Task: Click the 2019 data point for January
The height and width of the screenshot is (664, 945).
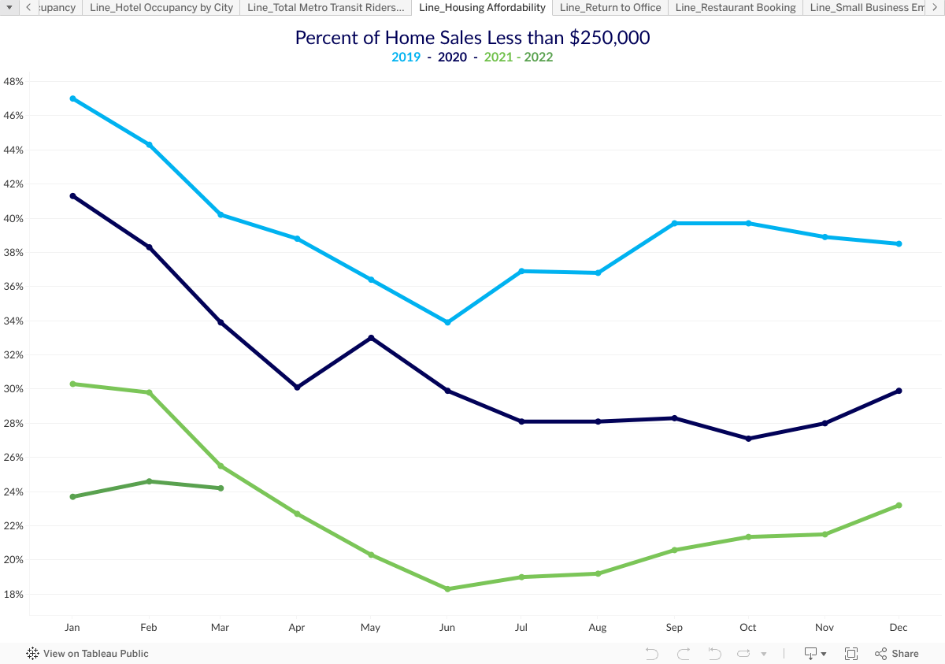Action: (x=72, y=98)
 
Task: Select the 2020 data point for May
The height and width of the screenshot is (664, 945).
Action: (x=371, y=338)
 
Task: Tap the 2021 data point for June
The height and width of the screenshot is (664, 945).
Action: (x=447, y=588)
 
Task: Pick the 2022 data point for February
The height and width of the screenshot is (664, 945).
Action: (x=149, y=481)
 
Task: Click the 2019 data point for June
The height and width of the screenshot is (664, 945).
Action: (x=447, y=322)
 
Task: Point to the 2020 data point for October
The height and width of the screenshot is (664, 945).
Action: (x=748, y=439)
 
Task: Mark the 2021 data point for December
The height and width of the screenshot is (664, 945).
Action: (x=899, y=506)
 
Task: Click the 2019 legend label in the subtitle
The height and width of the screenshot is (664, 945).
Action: (x=406, y=57)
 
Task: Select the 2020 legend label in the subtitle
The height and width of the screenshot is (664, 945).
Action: (x=452, y=57)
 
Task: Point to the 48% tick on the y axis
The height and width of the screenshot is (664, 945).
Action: (x=13, y=81)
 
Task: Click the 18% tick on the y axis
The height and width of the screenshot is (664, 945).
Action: (x=13, y=594)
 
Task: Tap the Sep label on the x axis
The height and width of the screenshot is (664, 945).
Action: (x=674, y=628)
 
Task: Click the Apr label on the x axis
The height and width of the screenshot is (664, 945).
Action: (x=297, y=628)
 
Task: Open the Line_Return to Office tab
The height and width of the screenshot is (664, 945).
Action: (x=610, y=8)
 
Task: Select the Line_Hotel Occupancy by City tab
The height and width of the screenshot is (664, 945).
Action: (x=161, y=8)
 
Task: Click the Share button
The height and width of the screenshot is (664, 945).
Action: (x=897, y=653)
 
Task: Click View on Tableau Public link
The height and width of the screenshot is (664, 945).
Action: (x=87, y=653)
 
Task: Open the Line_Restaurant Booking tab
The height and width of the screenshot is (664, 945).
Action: (x=736, y=8)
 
